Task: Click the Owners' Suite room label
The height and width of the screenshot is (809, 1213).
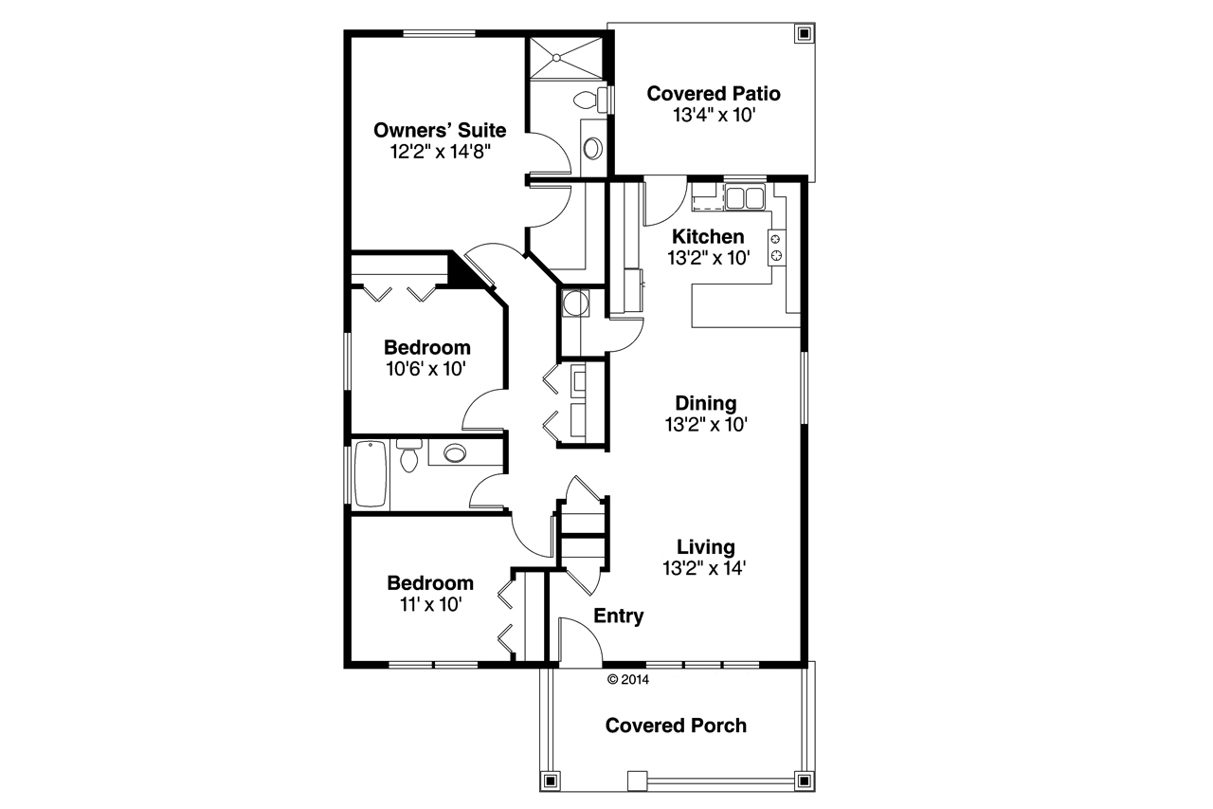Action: (x=439, y=130)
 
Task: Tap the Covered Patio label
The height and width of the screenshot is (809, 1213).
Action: (x=713, y=94)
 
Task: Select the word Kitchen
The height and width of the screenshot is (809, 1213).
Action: (x=708, y=236)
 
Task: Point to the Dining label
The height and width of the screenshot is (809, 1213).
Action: (x=706, y=404)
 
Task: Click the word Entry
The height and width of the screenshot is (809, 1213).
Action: (x=619, y=616)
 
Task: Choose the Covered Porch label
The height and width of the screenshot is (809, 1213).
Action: (x=676, y=726)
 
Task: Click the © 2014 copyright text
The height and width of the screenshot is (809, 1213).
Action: (x=627, y=679)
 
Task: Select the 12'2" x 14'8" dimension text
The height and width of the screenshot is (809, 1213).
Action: (x=439, y=151)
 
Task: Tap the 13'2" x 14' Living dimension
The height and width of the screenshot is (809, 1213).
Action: (x=706, y=568)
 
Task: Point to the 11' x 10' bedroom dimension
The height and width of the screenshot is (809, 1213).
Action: (x=429, y=604)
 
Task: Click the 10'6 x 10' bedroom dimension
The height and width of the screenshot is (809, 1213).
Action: (x=426, y=368)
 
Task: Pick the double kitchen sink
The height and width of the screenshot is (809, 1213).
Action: (x=745, y=198)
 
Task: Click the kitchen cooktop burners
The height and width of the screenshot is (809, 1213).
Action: (x=777, y=247)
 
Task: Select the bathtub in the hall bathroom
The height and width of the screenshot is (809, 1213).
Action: (x=371, y=475)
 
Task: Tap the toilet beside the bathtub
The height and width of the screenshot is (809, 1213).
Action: (x=409, y=456)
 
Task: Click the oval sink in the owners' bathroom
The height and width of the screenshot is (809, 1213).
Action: (x=593, y=148)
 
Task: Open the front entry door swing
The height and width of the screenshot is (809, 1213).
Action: (x=580, y=640)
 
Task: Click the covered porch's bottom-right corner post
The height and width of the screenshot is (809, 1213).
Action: (x=804, y=780)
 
